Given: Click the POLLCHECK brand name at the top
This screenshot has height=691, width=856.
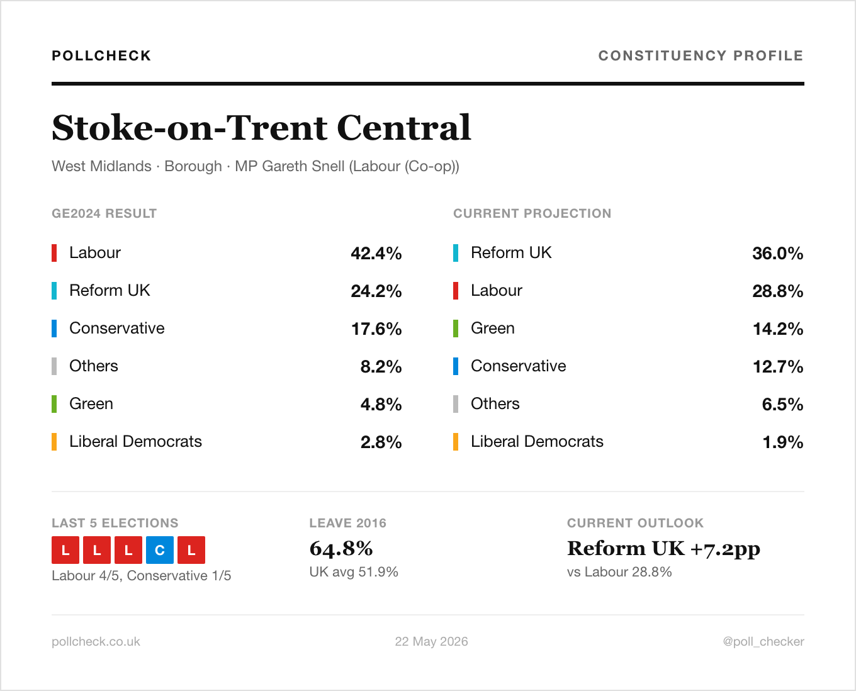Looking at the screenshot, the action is (101, 55).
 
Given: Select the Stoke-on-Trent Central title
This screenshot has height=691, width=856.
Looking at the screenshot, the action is (261, 128).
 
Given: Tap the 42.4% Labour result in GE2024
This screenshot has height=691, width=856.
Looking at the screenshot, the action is (376, 253).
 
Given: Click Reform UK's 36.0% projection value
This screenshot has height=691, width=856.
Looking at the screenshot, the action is (777, 253).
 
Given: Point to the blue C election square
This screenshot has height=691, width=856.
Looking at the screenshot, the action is (160, 550).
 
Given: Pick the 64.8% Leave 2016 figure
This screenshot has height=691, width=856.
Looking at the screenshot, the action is (341, 549).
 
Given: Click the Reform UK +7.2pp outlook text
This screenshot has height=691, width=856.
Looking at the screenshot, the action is (663, 549).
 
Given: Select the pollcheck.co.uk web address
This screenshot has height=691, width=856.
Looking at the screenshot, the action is (96, 641).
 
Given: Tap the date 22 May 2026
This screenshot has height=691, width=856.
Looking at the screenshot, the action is (431, 641).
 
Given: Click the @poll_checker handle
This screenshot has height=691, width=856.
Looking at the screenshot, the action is (763, 641).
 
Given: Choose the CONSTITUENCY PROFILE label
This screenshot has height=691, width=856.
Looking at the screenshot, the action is (701, 55).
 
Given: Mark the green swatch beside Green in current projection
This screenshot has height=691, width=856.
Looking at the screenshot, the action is (456, 329).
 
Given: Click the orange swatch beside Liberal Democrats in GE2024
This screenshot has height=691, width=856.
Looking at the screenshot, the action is (54, 442).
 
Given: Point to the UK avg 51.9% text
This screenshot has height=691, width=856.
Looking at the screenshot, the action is (354, 571).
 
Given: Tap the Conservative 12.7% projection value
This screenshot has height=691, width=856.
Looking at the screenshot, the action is (777, 366).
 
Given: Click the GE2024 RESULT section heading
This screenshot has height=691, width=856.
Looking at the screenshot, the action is (104, 213).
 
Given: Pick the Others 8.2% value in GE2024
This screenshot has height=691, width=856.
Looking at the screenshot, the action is (381, 366).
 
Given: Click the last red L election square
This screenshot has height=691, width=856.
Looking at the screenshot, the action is (191, 550).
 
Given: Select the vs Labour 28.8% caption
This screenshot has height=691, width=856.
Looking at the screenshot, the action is (619, 571).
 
